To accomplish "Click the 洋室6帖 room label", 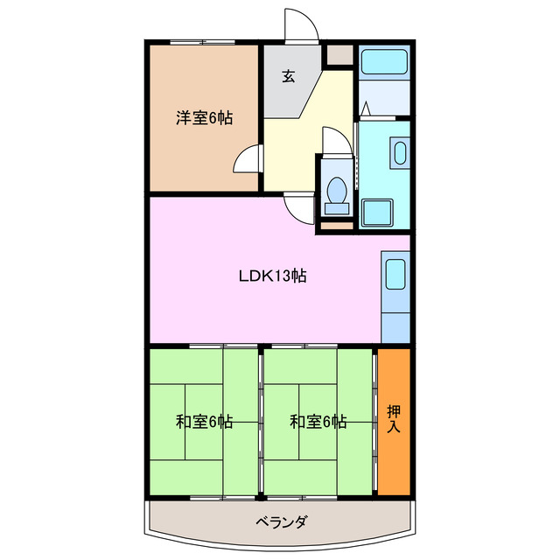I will click(x=204, y=118).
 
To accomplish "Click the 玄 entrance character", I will click(x=289, y=75).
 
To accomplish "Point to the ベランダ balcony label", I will click(x=280, y=522).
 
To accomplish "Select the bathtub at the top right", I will click(x=384, y=63).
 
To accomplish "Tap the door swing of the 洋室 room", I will click(x=248, y=162).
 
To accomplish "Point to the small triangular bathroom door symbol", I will click(x=367, y=109).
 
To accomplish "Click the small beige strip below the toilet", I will click(x=335, y=225).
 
